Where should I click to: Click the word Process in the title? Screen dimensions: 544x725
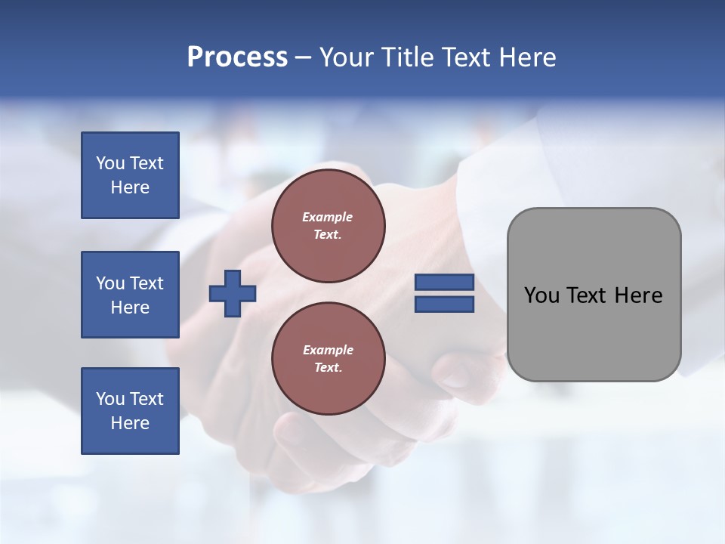pos(237,57)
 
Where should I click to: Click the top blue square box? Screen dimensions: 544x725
pos(130,175)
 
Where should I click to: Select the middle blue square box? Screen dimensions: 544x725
pos(130,295)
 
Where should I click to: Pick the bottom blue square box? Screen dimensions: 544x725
pos(130,411)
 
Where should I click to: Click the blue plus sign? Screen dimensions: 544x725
pos(233,295)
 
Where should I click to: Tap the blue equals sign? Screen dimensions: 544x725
pos(444,294)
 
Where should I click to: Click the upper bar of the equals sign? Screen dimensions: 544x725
pos(444,283)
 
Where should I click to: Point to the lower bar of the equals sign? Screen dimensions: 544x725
pos(444,304)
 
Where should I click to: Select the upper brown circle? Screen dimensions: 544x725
pos(328,225)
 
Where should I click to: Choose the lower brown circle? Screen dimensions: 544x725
pos(328,358)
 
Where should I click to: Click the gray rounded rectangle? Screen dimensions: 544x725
pos(594,295)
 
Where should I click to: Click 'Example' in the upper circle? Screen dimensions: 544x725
pos(328,217)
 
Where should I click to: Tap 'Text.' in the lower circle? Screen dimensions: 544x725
pos(328,367)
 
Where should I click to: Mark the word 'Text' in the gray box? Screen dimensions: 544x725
pos(588,295)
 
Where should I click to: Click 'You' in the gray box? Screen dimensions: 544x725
pos(541,295)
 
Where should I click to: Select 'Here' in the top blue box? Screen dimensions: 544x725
pos(130,187)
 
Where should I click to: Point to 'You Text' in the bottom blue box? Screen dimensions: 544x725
pos(130,399)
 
